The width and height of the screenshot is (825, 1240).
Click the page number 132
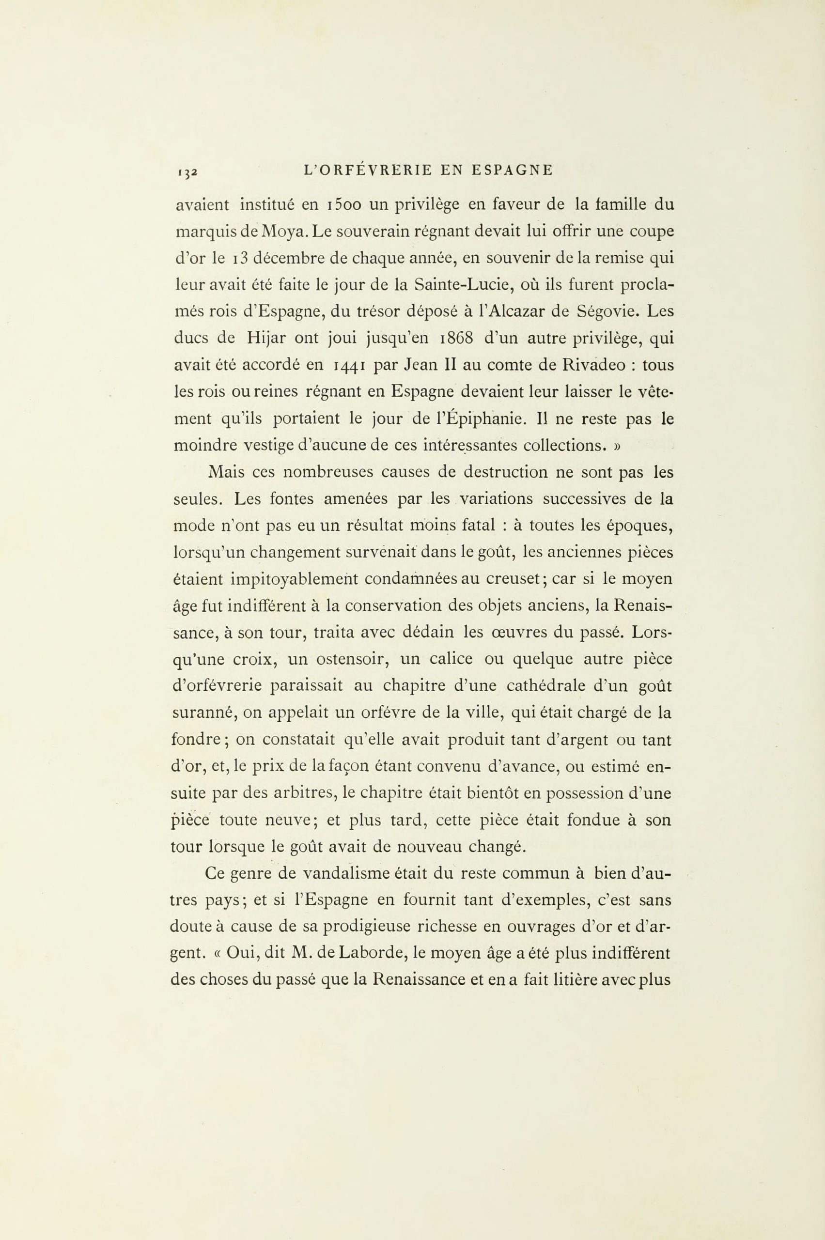point(187,171)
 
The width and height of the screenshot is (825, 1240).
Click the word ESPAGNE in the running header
point(512,170)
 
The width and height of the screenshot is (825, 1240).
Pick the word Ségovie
point(607,311)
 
